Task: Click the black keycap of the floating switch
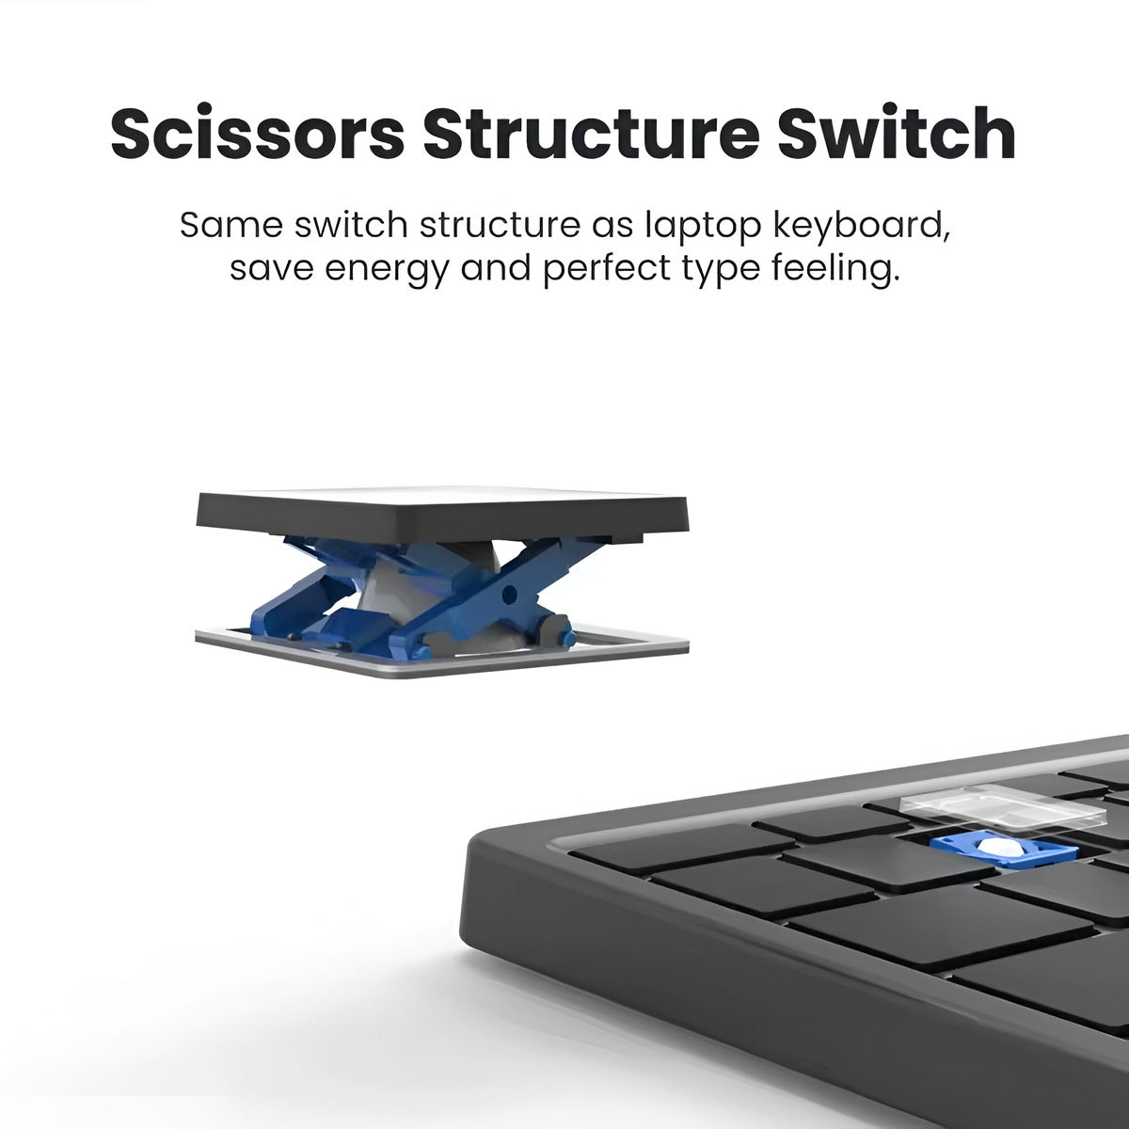(x=442, y=514)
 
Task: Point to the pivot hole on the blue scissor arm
(x=510, y=591)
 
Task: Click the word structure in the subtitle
(x=500, y=225)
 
